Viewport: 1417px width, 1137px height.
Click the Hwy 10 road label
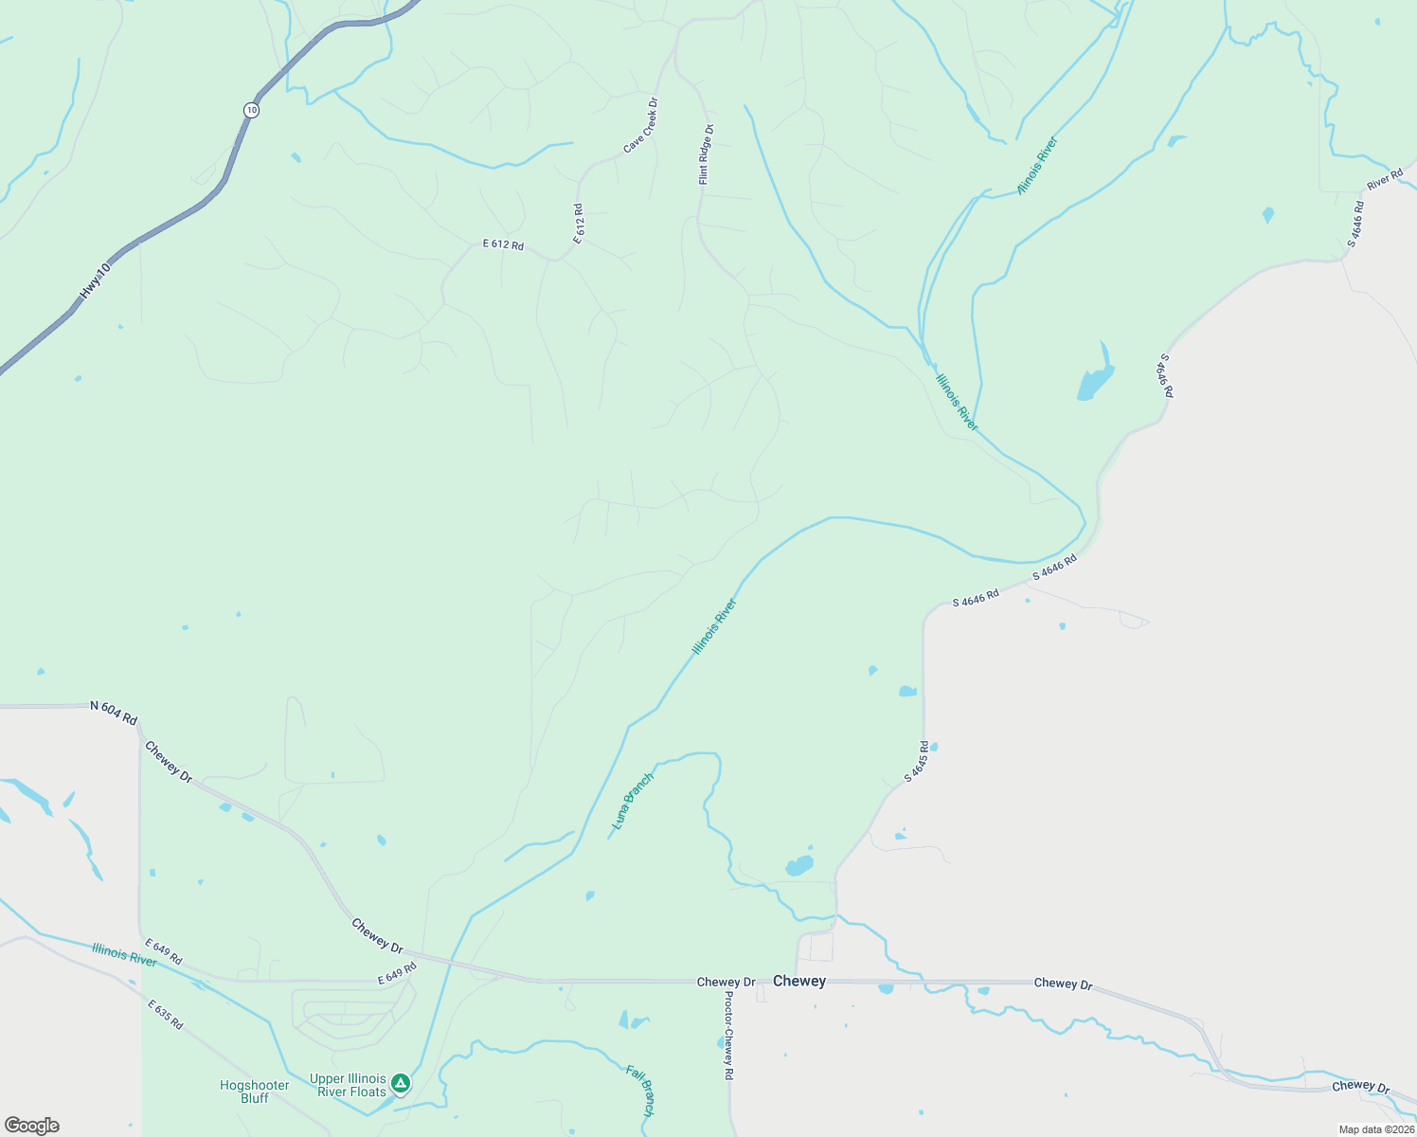96,281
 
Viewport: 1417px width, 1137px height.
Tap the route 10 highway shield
250,110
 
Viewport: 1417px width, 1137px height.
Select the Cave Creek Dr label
640,126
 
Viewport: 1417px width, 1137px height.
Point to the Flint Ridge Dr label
705,154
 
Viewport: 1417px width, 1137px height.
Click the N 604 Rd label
114,712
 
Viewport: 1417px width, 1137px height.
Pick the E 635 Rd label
164,1014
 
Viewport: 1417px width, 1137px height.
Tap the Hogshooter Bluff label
254,1092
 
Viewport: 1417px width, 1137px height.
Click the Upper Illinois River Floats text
348,1085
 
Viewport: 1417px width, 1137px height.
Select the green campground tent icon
401,1082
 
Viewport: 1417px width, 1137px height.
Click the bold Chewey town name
799,982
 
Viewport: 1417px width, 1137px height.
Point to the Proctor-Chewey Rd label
728,1036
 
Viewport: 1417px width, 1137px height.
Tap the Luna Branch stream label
633,802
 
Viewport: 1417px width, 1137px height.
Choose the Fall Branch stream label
641,1090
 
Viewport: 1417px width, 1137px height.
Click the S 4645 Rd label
916,762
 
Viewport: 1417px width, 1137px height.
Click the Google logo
32,1126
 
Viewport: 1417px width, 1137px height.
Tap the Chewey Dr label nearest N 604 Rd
168,762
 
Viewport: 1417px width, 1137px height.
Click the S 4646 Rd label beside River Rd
1356,225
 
